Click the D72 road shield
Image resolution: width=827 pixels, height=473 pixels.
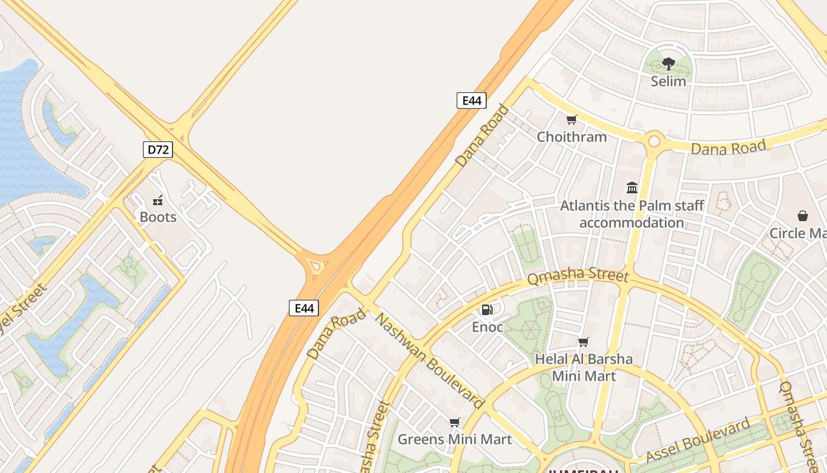(158, 150)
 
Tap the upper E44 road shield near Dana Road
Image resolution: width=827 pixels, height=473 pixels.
(471, 101)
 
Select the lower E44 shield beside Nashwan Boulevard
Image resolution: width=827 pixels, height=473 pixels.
(304, 307)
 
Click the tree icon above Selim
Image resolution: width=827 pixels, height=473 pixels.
(668, 64)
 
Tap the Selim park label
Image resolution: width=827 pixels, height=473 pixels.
(668, 82)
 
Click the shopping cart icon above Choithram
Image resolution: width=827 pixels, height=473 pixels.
(571, 120)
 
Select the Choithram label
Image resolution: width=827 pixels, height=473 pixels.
(571, 137)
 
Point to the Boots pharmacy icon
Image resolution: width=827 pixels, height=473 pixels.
(158, 200)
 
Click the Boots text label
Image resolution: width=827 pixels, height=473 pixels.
(158, 217)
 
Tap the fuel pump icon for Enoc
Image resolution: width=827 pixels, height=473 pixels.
(487, 309)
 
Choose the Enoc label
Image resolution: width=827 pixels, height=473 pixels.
(487, 327)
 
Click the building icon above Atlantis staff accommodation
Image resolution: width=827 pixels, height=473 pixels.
(632, 188)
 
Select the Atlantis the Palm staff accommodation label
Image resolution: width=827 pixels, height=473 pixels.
(631, 214)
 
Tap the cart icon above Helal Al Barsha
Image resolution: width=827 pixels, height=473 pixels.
(584, 342)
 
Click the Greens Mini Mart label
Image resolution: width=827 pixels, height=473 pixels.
(454, 439)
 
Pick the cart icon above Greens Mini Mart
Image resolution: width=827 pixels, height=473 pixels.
(454, 422)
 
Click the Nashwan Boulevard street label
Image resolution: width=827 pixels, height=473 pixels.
(430, 361)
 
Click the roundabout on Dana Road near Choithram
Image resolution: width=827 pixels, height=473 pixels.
(653, 141)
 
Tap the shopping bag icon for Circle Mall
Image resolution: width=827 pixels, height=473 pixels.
(802, 216)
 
